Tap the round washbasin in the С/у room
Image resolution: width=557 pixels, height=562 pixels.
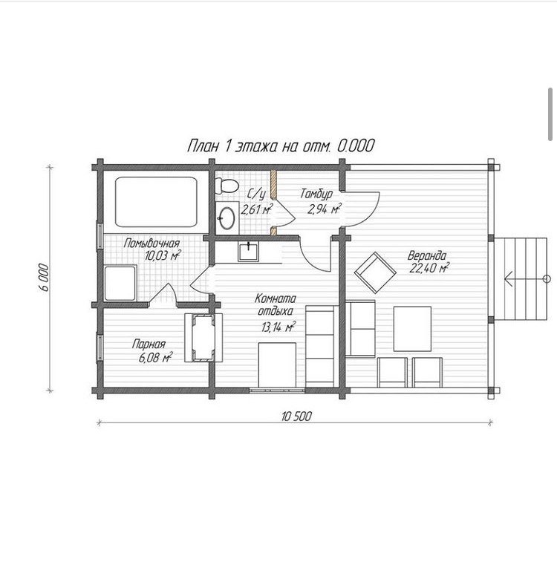pos(227,218)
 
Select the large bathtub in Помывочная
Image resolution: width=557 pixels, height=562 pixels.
pos(156,202)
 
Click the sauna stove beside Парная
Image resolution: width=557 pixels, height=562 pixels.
pos(203,338)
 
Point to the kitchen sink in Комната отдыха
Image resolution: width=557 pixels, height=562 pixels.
pos(248,251)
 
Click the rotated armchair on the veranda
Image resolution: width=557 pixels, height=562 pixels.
pos(375,272)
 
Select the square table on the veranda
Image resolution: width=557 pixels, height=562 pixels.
pos(412,329)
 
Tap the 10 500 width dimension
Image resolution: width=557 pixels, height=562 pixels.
pos(296,416)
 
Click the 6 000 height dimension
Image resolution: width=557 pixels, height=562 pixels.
pos(43,277)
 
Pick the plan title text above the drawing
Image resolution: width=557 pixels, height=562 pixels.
pos(281,146)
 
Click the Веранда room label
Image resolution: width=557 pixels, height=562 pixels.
pos(427,256)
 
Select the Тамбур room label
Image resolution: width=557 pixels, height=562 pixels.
pos(316,194)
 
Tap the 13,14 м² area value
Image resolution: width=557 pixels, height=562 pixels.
pos(278,327)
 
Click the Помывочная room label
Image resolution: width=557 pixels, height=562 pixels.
pos(152,244)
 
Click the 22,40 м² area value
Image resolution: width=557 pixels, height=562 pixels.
pos(429,268)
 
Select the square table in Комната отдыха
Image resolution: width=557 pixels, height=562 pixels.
pos(278,365)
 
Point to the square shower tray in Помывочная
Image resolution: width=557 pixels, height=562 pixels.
pos(120,283)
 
